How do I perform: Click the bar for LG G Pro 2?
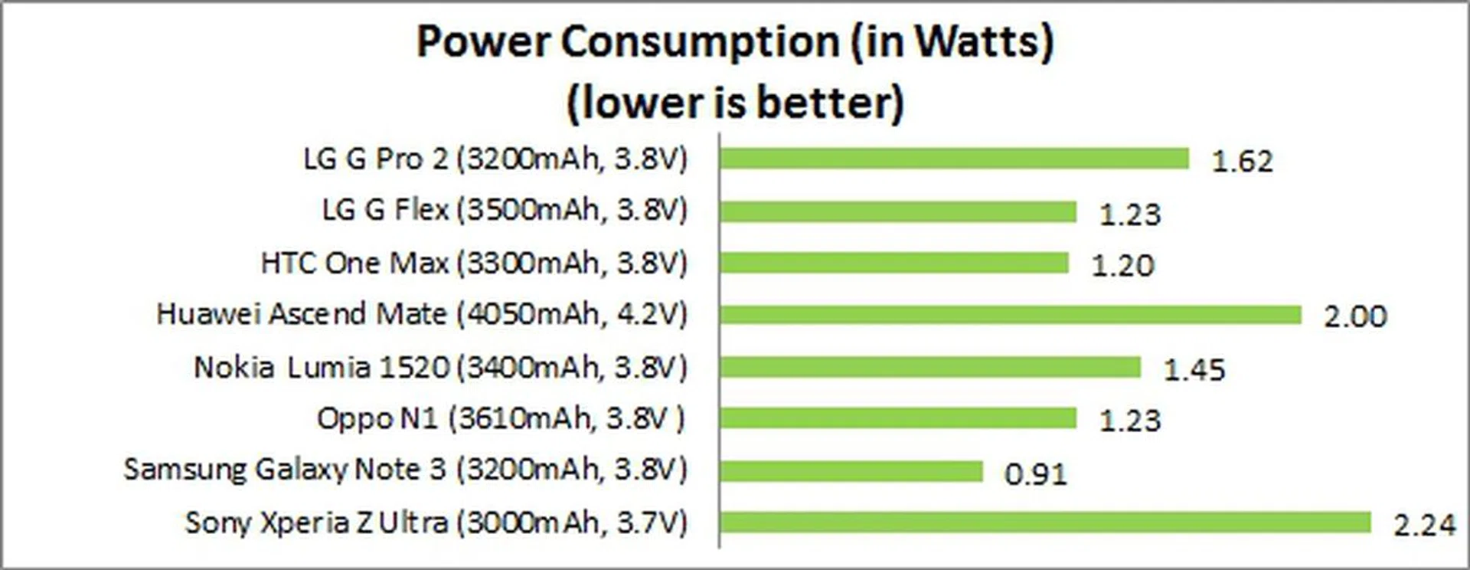[954, 159]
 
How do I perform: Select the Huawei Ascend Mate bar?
[1011, 314]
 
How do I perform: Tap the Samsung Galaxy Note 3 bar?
[851, 470]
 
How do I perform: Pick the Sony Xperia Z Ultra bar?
[1045, 522]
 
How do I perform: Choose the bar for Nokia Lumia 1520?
[930, 367]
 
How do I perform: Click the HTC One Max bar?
[894, 263]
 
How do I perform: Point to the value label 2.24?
[1424, 526]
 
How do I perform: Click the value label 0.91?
[1035, 474]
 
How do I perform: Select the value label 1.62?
[1242, 162]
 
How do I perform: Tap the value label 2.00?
[1355, 316]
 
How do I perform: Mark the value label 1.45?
[1194, 370]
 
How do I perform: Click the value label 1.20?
[1122, 266]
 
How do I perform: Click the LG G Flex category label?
[505, 210]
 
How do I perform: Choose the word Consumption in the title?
[701, 41]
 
